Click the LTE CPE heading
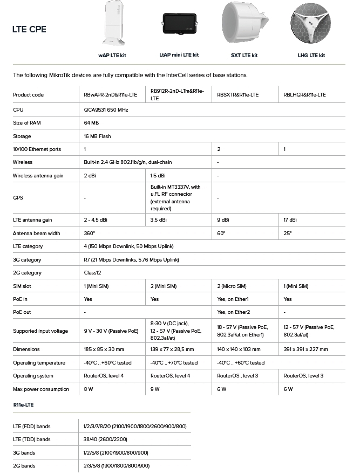pos(29,30)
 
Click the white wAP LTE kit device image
pos(112,24)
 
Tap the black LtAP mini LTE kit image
pos(179,25)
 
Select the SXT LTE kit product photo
pos(244,23)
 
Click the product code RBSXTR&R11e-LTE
pos(237,95)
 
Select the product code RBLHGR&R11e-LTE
pos(304,95)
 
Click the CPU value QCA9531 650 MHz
pos(106,110)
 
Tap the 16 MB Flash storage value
pos(97,136)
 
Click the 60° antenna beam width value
pos(221,233)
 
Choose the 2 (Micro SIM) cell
pos(232,286)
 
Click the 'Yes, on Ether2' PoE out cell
pos(234,312)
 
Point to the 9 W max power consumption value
pos(155,389)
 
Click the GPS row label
pos(18,198)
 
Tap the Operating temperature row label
pos(39,363)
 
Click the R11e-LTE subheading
pos(25,404)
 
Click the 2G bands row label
pos(24,466)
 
